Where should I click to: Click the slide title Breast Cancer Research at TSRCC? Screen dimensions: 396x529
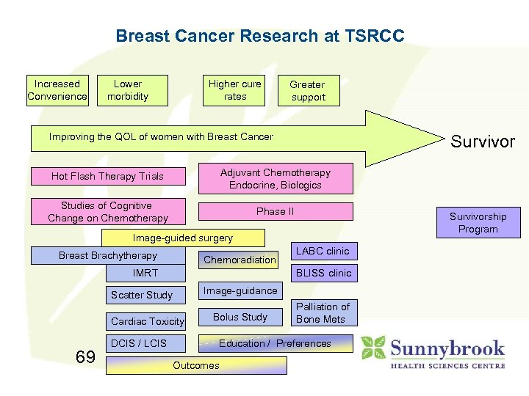pyautogui.click(x=260, y=36)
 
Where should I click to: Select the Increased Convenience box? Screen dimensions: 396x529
pyautogui.click(x=57, y=90)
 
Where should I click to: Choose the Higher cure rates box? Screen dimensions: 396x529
pyautogui.click(x=234, y=90)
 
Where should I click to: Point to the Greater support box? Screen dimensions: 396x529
pyautogui.click(x=307, y=91)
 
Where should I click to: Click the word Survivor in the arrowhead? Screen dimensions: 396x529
pyautogui.click(x=483, y=142)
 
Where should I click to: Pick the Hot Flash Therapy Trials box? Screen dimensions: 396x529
pyautogui.click(x=107, y=176)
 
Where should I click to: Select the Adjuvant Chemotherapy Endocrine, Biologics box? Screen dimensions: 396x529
pyautogui.click(x=276, y=179)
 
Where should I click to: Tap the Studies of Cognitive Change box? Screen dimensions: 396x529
pyautogui.click(x=107, y=212)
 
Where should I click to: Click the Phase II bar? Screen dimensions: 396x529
pyautogui.click(x=276, y=211)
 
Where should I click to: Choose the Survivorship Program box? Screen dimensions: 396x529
pyautogui.click(x=478, y=223)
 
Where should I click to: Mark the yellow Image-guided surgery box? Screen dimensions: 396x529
pyautogui.click(x=182, y=238)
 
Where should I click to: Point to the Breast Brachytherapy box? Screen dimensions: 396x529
pyautogui.click(x=108, y=256)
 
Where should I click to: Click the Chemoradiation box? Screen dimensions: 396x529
pyautogui.click(x=240, y=260)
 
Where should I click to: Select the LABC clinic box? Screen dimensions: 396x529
pyautogui.click(x=322, y=252)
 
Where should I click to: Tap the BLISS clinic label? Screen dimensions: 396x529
pyautogui.click(x=323, y=273)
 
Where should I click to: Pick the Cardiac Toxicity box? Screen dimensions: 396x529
pyautogui.click(x=147, y=321)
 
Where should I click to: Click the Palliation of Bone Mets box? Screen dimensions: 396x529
pyautogui.click(x=323, y=312)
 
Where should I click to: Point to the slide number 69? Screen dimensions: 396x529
pyautogui.click(x=85, y=357)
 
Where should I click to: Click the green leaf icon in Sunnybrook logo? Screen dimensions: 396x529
pyautogui.click(x=373, y=348)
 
